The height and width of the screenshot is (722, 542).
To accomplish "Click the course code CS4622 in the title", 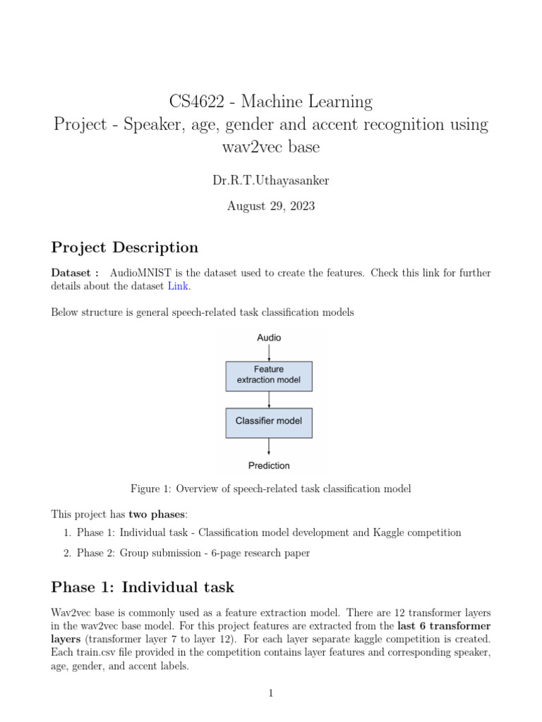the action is pyautogui.click(x=198, y=102).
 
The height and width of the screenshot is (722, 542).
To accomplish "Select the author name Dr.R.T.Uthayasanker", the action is pyautogui.click(x=270, y=180).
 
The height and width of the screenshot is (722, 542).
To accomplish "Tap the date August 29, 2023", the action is pyautogui.click(x=270, y=206).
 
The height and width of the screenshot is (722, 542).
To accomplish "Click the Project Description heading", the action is pyautogui.click(x=125, y=247).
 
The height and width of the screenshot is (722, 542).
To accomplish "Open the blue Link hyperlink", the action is pyautogui.click(x=179, y=286).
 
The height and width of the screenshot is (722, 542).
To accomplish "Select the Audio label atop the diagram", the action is pyautogui.click(x=269, y=338).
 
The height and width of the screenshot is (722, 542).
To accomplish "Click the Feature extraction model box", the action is pyautogui.click(x=268, y=374).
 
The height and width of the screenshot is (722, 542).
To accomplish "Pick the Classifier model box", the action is pyautogui.click(x=268, y=421).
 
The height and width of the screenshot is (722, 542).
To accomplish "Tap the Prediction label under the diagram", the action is pyautogui.click(x=269, y=465).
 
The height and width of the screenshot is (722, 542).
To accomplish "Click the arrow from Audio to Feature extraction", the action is pyautogui.click(x=269, y=352).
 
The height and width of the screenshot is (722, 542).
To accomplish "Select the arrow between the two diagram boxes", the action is pyautogui.click(x=269, y=398).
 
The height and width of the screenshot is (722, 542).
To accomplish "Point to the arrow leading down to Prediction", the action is pyautogui.click(x=269, y=446).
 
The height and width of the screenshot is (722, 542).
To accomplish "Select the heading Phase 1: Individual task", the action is pyautogui.click(x=143, y=587).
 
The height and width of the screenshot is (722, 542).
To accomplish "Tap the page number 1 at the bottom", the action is pyautogui.click(x=270, y=694).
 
